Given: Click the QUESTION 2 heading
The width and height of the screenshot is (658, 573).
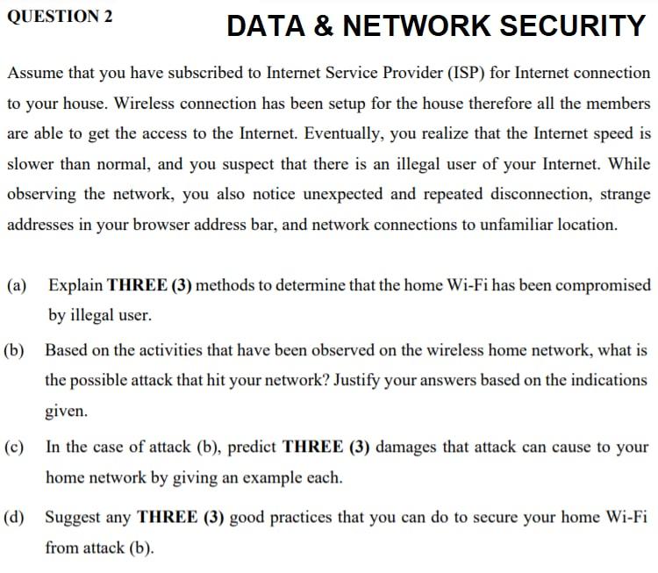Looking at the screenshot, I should pos(60,15).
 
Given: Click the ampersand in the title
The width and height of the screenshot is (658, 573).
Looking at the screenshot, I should pos(323,26).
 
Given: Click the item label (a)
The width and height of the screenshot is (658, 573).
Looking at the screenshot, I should pos(16,285).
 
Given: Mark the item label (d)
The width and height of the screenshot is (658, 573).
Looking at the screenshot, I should pos(15,517).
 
